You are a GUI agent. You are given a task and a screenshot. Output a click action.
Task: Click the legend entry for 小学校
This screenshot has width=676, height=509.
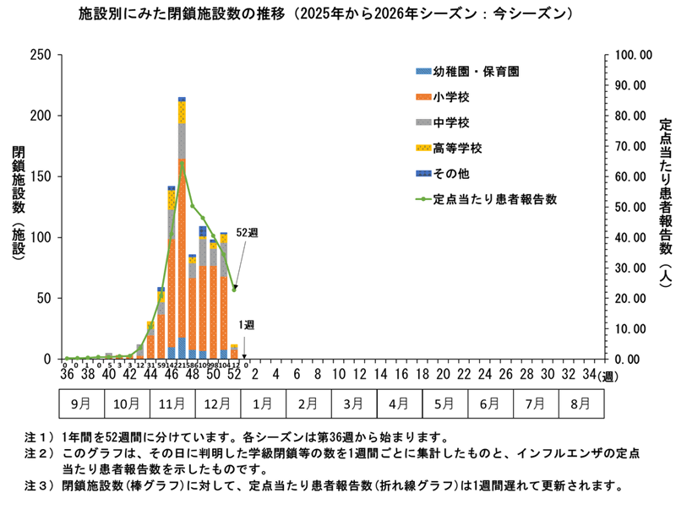coord(444,97)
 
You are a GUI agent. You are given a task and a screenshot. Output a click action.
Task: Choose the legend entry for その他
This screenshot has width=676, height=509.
coord(444,174)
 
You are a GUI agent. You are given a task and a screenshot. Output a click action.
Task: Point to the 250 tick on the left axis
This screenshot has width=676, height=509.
coord(39,55)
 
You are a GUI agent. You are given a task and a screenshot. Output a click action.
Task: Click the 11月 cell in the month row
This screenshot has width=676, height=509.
coord(172,403)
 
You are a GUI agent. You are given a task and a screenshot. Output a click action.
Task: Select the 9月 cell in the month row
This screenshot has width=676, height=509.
coord(81,403)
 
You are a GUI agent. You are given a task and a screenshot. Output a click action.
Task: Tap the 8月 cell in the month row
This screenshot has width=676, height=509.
coord(581,403)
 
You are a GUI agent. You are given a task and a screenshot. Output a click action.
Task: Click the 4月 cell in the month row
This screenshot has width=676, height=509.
coord(399,403)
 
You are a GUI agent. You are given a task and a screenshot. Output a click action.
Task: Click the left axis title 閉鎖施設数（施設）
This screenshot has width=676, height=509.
coord(19,208)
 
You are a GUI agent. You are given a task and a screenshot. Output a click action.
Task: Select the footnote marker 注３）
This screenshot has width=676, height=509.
coord(42,486)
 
